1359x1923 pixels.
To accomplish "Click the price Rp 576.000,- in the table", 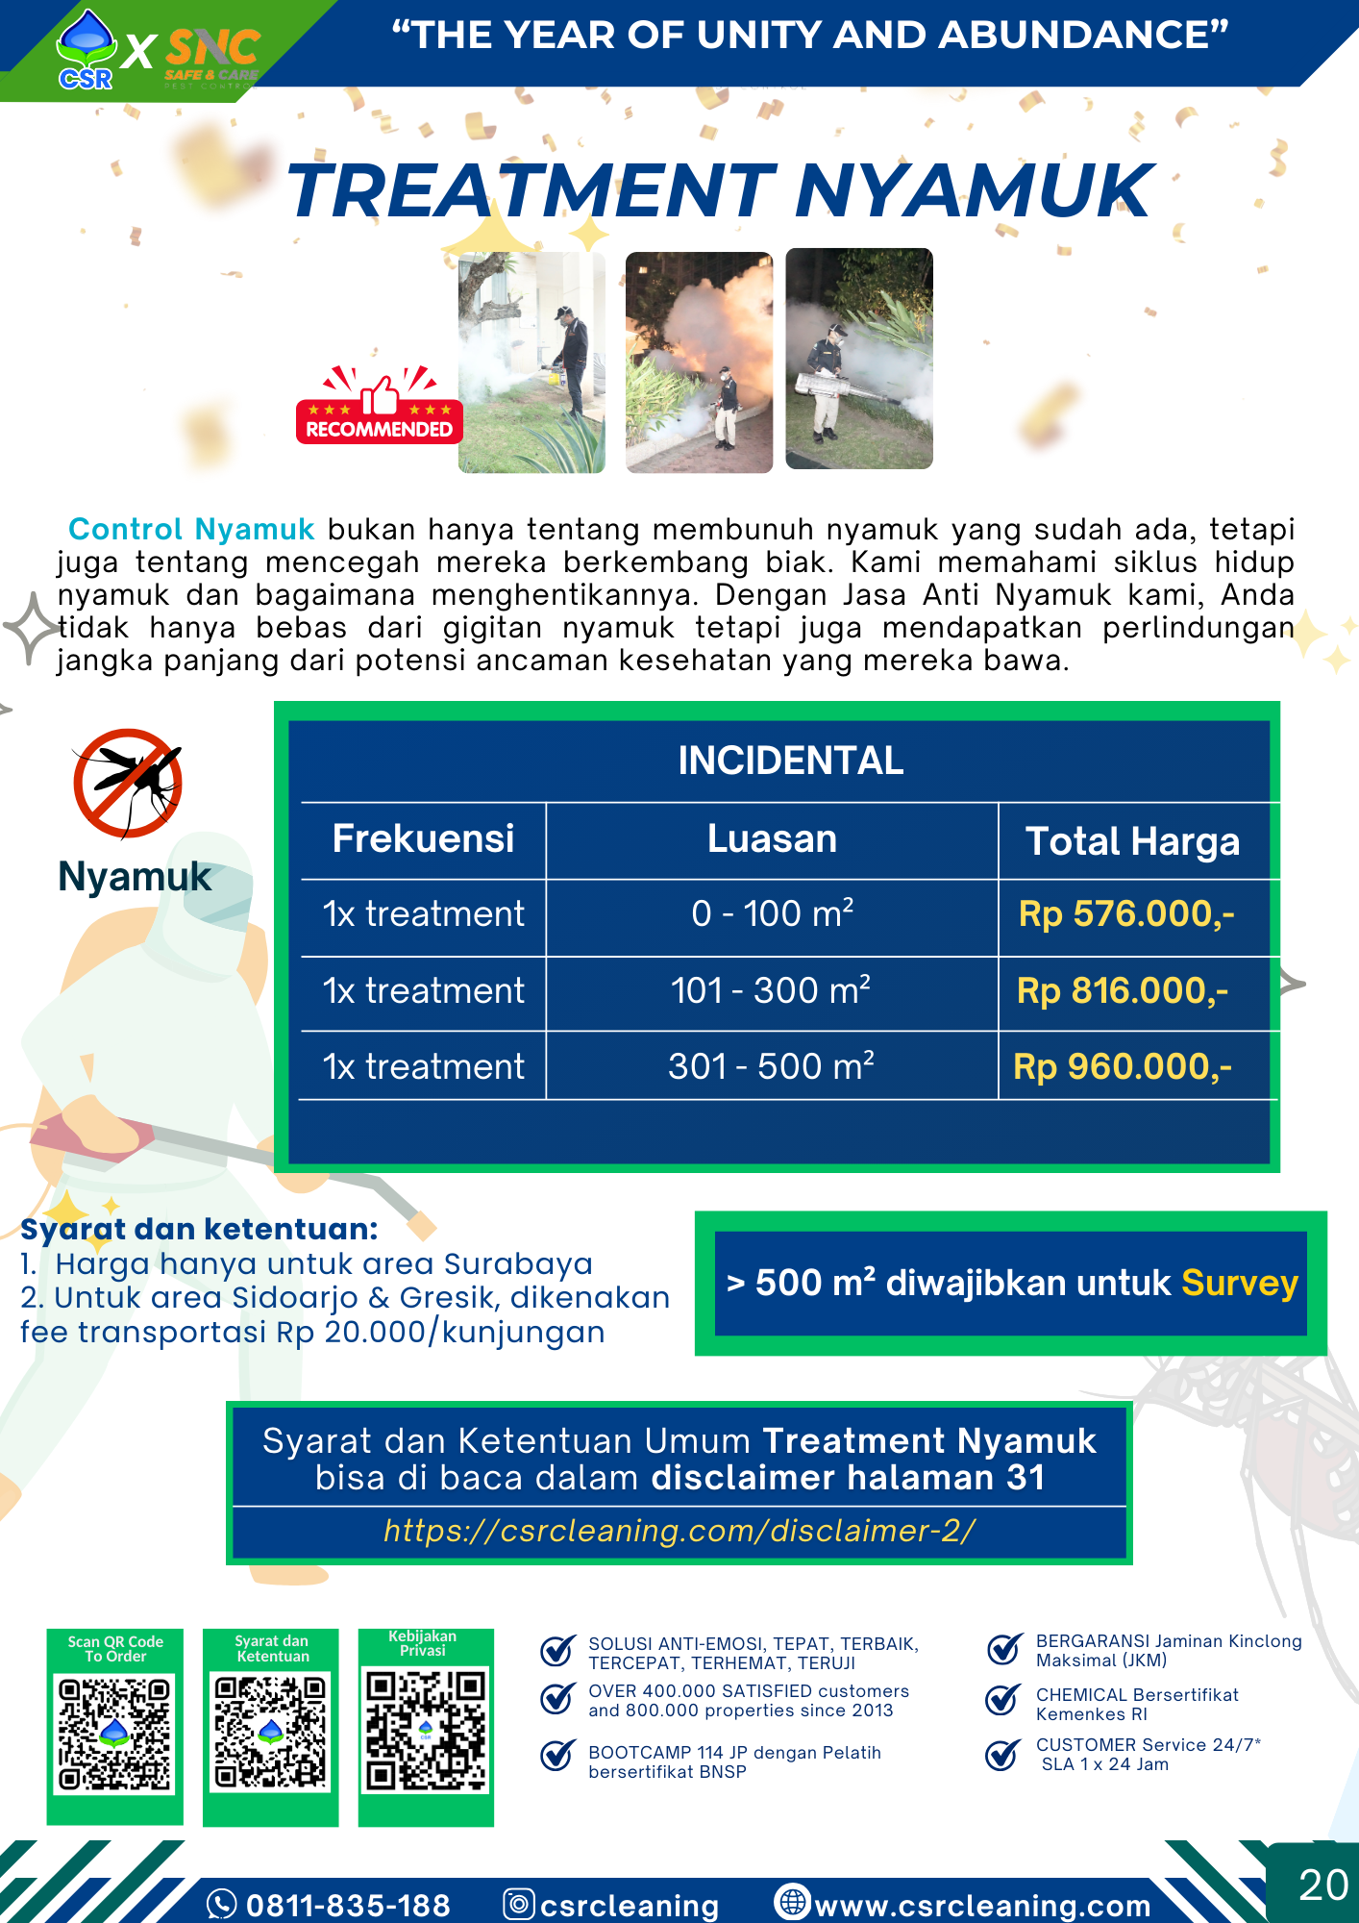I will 1125,914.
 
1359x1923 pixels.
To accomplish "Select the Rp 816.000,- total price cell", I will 1123,991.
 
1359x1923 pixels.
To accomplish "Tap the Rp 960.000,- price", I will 1123,1067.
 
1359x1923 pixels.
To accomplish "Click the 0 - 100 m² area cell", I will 772,914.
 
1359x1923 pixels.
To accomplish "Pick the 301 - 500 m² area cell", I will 771,1067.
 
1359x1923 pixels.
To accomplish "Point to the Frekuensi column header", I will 423,839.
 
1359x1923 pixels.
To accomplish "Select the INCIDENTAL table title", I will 790,761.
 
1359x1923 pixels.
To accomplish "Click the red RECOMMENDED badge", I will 379,408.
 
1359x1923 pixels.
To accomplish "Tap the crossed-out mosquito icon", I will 128,783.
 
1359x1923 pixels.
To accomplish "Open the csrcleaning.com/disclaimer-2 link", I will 679,1531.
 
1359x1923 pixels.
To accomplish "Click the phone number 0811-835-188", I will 347,1905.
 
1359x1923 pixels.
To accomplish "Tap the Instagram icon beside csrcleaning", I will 519,1904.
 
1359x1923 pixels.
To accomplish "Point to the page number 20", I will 1322,1886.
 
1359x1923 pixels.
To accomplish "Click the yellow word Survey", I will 1240,1284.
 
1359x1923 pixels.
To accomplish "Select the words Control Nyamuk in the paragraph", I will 191,530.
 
